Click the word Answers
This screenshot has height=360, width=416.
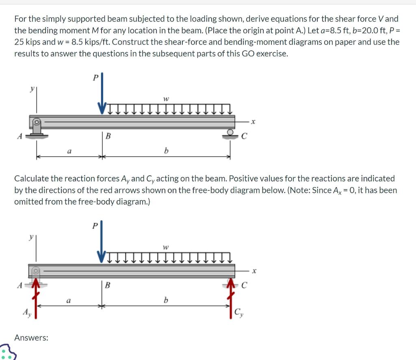click(x=31, y=337)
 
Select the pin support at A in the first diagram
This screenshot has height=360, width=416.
click(x=37, y=127)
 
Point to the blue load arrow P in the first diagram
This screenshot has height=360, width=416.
click(x=102, y=93)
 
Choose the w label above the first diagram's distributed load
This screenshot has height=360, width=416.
click(x=165, y=98)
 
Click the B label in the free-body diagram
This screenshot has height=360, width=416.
click(x=108, y=285)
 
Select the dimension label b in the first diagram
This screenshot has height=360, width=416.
click(x=166, y=151)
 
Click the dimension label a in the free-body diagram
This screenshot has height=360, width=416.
click(x=69, y=301)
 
